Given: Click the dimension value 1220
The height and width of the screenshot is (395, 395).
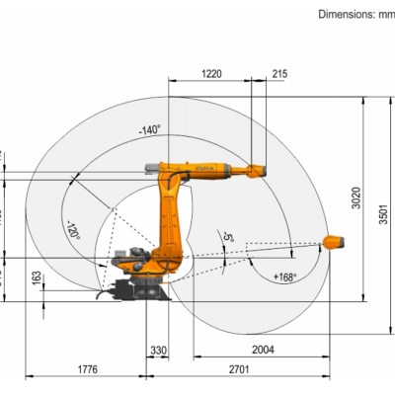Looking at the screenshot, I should pyautogui.click(x=210, y=73).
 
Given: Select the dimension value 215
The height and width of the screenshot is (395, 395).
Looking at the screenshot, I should pyautogui.click(x=279, y=73).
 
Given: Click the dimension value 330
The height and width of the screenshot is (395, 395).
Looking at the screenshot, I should pyautogui.click(x=158, y=350).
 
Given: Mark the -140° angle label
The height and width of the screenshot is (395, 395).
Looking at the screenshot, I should pyautogui.click(x=149, y=128).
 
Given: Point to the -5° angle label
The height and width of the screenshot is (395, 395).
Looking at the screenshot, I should pyautogui.click(x=228, y=238).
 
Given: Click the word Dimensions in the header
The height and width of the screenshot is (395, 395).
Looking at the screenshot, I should pyautogui.click(x=345, y=14).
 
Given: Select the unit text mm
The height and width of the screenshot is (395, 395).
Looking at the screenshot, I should pyautogui.click(x=385, y=14).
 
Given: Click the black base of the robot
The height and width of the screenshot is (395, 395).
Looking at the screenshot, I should pyautogui.click(x=139, y=289).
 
